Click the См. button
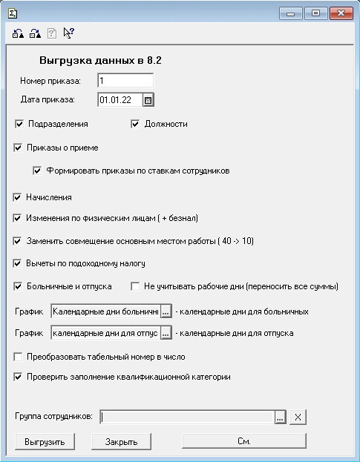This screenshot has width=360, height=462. [x=243, y=441]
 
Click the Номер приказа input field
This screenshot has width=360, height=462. [x=125, y=80]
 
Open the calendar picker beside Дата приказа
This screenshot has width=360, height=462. [x=148, y=99]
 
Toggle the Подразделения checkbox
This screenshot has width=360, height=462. [x=19, y=124]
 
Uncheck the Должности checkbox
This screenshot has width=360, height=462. [x=136, y=124]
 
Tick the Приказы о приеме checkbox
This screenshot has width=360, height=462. [x=19, y=148]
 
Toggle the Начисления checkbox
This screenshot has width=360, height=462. [x=19, y=197]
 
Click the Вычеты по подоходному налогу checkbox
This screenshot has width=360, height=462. [x=19, y=263]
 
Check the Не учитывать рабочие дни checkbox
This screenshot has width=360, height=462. [x=136, y=286]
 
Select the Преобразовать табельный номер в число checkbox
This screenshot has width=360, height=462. [x=19, y=357]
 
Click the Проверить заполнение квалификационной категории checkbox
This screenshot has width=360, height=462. [x=19, y=377]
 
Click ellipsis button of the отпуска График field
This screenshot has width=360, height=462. [x=166, y=334]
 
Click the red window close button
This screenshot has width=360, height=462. [x=341, y=13]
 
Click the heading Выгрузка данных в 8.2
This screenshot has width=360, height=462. [x=100, y=61]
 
